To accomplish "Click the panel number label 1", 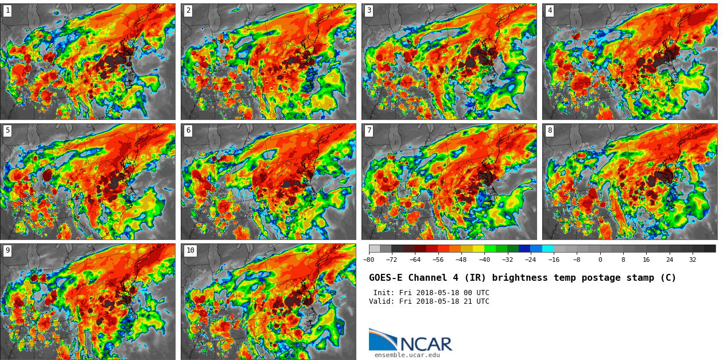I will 7,10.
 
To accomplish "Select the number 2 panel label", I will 188,10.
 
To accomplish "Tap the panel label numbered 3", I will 369,10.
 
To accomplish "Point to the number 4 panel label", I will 550,10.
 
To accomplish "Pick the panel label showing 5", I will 7,131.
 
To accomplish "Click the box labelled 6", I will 188,131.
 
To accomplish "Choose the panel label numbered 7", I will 369,131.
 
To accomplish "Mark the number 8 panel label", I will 550,131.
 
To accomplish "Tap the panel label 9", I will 7,251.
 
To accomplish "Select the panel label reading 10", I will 190,251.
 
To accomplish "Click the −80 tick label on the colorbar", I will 369,260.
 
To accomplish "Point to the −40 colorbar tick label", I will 485,260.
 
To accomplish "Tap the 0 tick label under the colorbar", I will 600,260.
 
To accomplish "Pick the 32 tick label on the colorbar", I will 693,260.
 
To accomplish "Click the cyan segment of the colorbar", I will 548,249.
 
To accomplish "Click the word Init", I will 384,293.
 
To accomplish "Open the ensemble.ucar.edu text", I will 407,355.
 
